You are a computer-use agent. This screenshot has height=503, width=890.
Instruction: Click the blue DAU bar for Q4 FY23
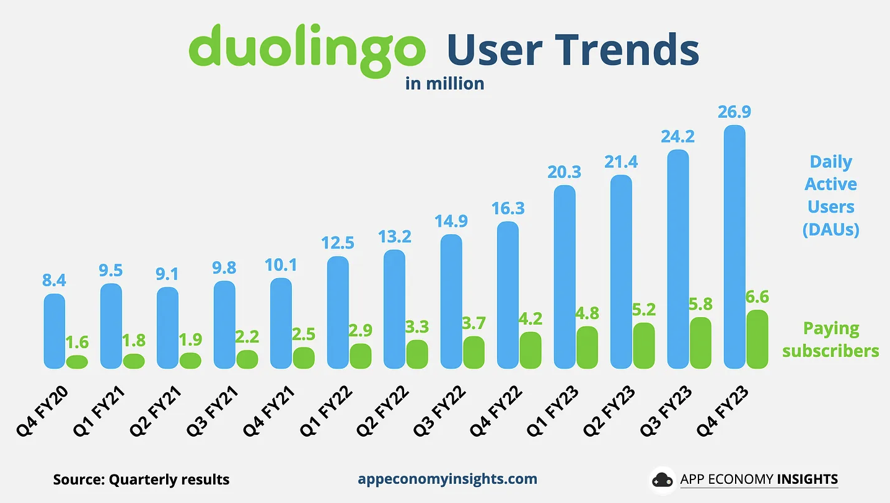pos(734,248)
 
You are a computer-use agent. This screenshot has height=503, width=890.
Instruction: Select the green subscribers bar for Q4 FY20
pos(77,362)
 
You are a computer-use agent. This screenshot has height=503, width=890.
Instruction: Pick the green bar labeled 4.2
pos(531,351)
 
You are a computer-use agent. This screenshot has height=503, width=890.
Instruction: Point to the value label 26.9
pos(734,113)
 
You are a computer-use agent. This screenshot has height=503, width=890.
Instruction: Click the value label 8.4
pos(55,281)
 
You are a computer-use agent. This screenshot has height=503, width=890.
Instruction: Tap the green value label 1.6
pos(77,342)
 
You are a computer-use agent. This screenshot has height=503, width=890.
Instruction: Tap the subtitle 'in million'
pos(444,83)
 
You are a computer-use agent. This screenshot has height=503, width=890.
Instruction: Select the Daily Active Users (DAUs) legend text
pos(831,196)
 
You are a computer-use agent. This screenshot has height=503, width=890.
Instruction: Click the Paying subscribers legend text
pos(831,339)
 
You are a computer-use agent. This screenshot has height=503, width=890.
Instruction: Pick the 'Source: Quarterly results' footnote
pos(141,479)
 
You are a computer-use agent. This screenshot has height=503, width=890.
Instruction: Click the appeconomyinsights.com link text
pos(447,479)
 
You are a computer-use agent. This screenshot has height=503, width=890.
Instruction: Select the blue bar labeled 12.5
pos(338,313)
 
